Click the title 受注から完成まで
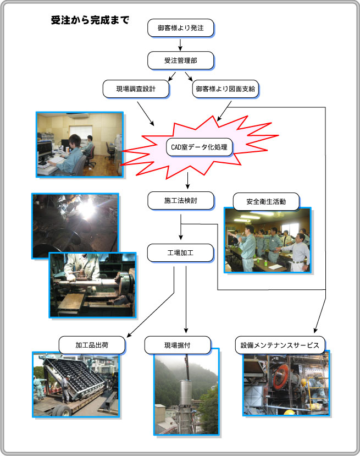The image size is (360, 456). click(x=90, y=20)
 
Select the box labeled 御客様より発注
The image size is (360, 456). click(x=181, y=28)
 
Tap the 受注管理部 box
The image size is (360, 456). click(x=181, y=61)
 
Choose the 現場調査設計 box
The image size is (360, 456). click(x=136, y=89)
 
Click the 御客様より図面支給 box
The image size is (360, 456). click(x=225, y=89)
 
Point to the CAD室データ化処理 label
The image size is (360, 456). click(x=200, y=147)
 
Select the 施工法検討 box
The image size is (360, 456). click(x=181, y=201)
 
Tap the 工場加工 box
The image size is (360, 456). click(x=180, y=253)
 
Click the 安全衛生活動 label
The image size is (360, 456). click(x=266, y=201)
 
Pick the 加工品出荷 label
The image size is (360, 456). click(x=92, y=345)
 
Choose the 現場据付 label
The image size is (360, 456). click(x=178, y=345)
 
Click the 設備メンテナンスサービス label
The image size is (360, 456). click(x=280, y=345)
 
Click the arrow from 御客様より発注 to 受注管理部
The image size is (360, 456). click(x=180, y=45)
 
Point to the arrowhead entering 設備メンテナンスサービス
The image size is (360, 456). click(x=316, y=330)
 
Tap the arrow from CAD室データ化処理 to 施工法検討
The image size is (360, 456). click(x=188, y=180)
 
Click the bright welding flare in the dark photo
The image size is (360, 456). click(x=86, y=207)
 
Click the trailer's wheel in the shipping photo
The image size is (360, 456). click(x=64, y=411)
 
